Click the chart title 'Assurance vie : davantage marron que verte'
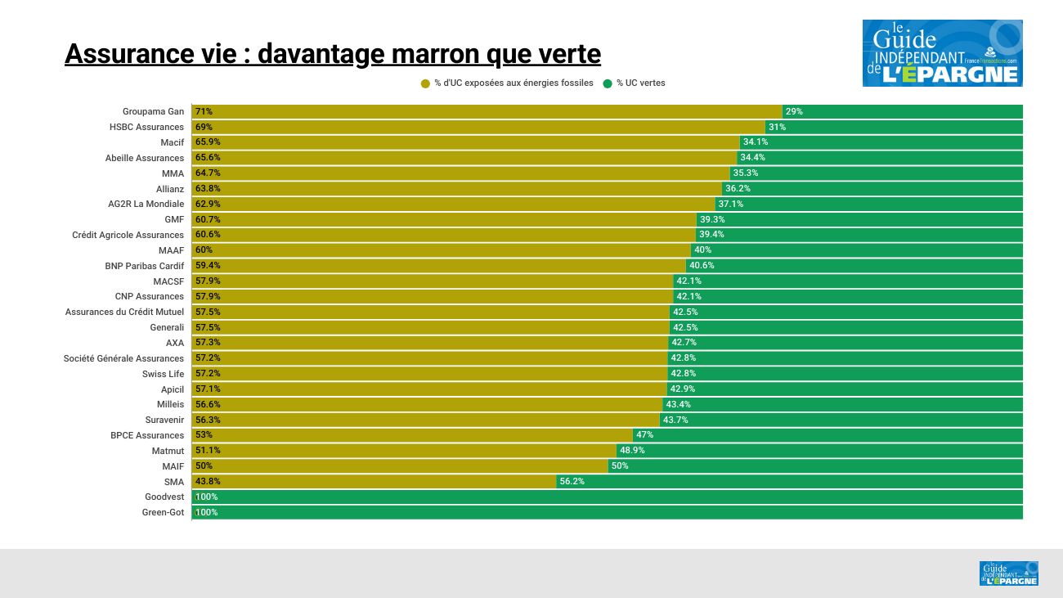(x=332, y=54)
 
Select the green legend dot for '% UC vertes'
(x=608, y=83)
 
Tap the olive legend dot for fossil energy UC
(x=425, y=83)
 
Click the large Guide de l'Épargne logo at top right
(x=942, y=53)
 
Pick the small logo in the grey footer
(x=1008, y=573)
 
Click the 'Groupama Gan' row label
(x=153, y=111)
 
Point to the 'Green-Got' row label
(x=163, y=512)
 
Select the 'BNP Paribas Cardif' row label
(x=144, y=266)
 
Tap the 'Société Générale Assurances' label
(x=123, y=358)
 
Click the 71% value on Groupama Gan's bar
(x=204, y=111)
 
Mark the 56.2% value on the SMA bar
(x=572, y=482)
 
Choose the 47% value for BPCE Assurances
(x=644, y=435)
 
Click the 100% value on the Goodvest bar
(x=206, y=497)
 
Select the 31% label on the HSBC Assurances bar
(x=777, y=127)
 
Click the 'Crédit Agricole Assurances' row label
(x=128, y=235)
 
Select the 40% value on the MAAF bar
(x=702, y=250)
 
